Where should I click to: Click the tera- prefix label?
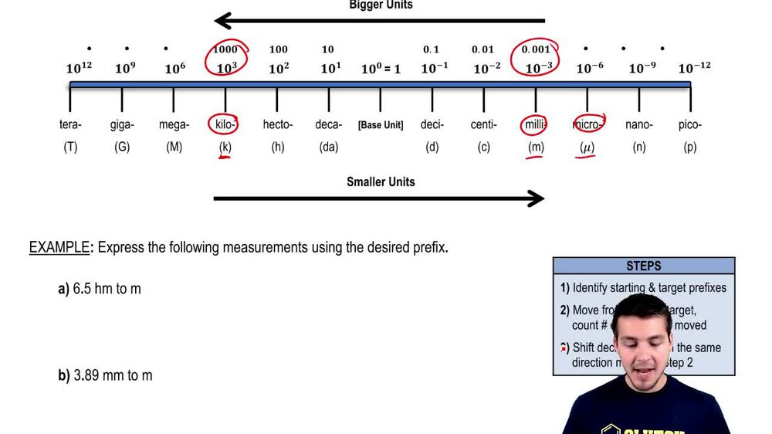70,124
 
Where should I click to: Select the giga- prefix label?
122,124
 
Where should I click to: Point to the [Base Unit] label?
381,125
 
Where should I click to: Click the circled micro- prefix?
588,124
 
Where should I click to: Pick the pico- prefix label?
690,124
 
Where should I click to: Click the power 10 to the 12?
79,68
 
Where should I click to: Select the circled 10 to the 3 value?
226,67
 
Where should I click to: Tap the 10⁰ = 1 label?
381,69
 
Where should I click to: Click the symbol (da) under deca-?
329,147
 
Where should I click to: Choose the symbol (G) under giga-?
122,147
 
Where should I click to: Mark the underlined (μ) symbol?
587,147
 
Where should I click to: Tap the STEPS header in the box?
644,266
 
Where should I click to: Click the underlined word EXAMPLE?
59,248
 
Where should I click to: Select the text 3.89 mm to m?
113,375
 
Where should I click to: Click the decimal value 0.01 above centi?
482,49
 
